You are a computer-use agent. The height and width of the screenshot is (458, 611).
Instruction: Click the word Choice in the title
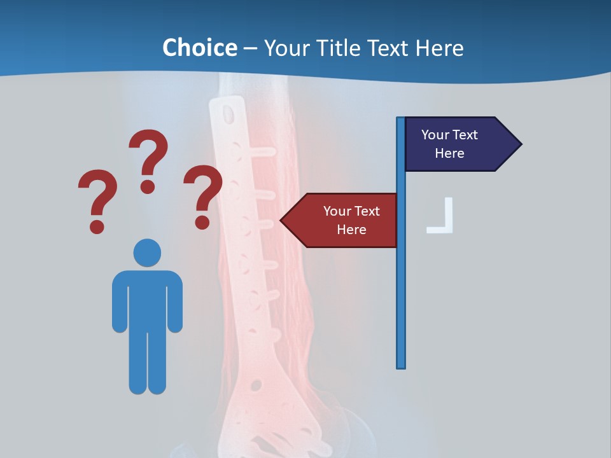pos(199,48)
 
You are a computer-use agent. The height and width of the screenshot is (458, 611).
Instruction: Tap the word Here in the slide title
pos(439,48)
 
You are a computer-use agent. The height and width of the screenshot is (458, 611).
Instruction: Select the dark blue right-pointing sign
pos(455,144)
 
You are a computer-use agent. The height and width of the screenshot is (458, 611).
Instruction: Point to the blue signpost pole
pos(401,286)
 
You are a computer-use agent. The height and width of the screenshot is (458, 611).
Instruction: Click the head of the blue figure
pos(147,253)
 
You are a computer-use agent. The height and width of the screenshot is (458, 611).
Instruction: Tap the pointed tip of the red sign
pos(283,221)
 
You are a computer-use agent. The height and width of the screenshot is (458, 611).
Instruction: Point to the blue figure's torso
pos(147,299)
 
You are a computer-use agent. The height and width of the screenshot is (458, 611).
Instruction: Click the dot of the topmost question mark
pos(148,186)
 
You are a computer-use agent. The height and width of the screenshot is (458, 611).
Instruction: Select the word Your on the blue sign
pos(435,135)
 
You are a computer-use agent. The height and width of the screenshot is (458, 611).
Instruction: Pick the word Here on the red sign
pos(351,230)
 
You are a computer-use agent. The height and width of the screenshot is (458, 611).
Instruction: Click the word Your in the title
pos(284,48)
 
